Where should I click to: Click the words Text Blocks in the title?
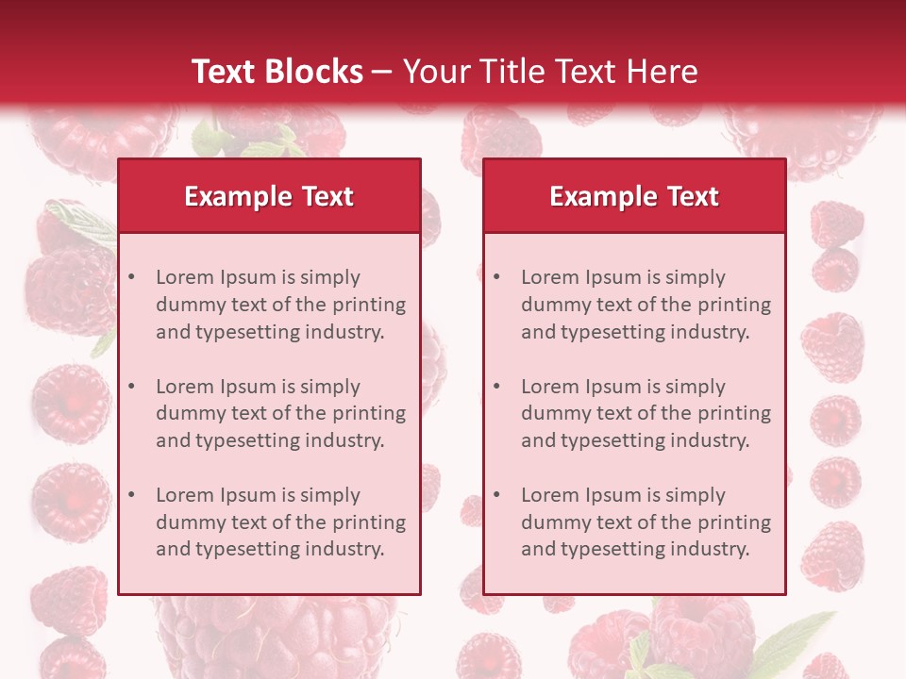pos(277,72)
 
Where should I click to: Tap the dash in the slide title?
pos(383,73)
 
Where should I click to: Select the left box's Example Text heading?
pos(269,196)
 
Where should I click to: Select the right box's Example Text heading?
pos(634,196)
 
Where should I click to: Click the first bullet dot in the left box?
pos(131,277)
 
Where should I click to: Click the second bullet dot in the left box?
pos(131,387)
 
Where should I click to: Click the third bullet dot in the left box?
pos(131,495)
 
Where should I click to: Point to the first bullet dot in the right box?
pos(496,277)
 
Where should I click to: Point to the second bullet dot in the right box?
pos(496,387)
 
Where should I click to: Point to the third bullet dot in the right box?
pos(496,495)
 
